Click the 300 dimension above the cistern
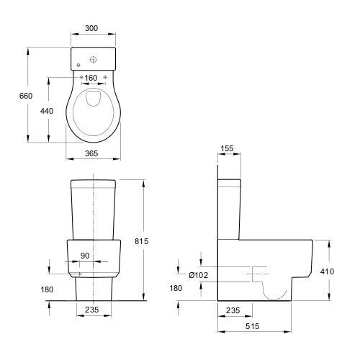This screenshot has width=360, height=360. click(91, 28)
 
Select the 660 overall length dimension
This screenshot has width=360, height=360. click(26, 96)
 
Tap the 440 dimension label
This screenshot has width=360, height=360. click(47, 111)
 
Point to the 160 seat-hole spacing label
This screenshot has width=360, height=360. click(91, 78)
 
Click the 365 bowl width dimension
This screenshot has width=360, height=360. click(91, 153)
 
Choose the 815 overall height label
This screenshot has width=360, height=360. click(141, 241)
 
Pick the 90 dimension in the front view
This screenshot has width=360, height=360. click(85, 256)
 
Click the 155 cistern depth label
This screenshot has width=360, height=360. click(227, 148)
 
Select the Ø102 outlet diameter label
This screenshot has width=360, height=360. click(198, 275)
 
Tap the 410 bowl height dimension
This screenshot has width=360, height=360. click(327, 271)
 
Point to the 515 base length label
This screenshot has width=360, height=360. click(253, 326)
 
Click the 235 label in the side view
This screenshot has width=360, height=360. click(233, 310)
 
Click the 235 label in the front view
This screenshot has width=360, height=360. click(92, 310)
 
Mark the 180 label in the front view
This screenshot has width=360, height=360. click(47, 289)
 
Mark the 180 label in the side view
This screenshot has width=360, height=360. click(176, 288)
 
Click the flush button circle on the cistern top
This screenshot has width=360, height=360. click(93, 60)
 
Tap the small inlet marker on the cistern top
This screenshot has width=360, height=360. click(78, 65)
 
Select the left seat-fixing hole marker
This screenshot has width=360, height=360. click(81, 77)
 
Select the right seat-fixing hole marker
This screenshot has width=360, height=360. click(105, 77)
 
